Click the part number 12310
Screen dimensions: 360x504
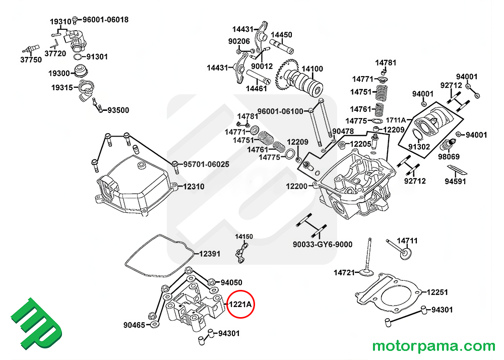(194, 187)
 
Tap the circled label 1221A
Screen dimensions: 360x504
(241, 305)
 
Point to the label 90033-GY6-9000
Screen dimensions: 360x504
(323, 245)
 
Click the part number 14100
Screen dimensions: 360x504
(312, 69)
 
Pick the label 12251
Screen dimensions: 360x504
(437, 292)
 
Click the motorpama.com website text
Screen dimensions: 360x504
(433, 346)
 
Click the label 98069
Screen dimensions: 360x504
(449, 157)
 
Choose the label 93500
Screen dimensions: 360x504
(118, 110)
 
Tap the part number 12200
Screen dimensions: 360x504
(297, 187)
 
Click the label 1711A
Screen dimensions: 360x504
(396, 120)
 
